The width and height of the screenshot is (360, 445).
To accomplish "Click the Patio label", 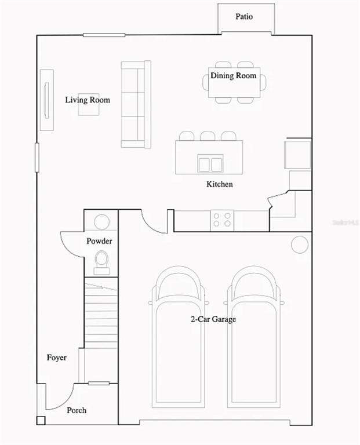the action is coord(244,16).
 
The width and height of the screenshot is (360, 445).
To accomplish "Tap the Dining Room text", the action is coord(234,75).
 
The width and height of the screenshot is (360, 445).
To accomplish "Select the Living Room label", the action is coord(88,100).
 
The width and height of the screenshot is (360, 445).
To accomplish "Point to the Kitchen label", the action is coord(220,184).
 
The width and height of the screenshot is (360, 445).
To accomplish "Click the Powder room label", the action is coord(99,241).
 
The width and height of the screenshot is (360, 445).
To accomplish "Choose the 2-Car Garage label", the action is coord(213,319).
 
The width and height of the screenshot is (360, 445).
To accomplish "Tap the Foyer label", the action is coord(57,358).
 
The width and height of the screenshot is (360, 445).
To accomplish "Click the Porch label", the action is coord(77,410).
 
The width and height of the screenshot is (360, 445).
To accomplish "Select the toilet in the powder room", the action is coord(101,263).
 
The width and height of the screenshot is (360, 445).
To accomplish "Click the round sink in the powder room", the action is coord(101,222).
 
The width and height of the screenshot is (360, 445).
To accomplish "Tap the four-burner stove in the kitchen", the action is coord(222,220).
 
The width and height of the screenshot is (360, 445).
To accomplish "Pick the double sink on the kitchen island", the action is coord(210,163).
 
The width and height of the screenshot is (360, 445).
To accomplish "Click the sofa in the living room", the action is coord(136,104).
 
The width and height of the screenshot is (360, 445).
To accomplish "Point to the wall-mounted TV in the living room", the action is coord(46,100).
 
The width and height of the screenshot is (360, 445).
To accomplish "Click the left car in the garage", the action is coord(178,337).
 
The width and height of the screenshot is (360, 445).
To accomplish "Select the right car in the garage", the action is coord(254,337).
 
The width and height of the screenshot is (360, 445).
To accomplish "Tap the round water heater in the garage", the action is coord(300,245).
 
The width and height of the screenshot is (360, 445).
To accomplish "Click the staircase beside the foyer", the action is coord(101,313).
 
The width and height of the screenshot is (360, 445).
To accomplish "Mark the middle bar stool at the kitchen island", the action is coord(208,136).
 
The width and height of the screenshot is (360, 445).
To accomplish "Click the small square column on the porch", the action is coord(41,420).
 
